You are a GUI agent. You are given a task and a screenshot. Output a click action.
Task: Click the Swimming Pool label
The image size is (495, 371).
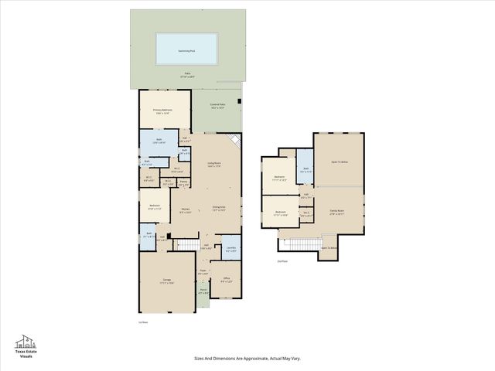pyautogui.click(x=187, y=49)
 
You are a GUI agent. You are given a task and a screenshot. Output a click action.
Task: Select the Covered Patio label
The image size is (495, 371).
pyautogui.click(x=217, y=105)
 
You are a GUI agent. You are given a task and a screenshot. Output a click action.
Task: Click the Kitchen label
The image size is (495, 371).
pyautogui.click(x=186, y=210)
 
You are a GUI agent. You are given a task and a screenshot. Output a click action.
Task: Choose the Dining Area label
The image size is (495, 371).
pyautogui.click(x=219, y=208)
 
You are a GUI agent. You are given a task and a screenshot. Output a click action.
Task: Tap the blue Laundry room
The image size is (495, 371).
pyautogui.click(x=230, y=249)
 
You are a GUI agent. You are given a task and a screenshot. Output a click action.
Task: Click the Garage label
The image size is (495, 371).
pyautogui.click(x=166, y=281)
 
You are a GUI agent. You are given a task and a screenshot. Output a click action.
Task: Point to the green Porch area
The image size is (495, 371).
pyautogui.click(x=203, y=293)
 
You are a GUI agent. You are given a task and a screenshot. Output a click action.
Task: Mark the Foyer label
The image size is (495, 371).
pyautogui.click(x=203, y=272)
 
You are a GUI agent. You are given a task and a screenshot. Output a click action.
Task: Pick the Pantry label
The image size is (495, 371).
pyautogui.click(x=184, y=184)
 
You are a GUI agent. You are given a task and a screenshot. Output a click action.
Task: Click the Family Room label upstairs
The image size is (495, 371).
pyautogui.click(x=336, y=210)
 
